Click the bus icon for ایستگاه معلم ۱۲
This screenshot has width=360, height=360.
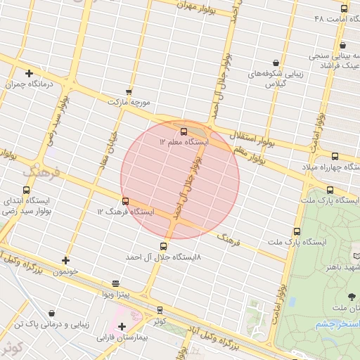184,131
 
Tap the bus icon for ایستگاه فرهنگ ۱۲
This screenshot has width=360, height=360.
126,201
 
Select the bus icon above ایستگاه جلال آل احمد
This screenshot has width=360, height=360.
164,246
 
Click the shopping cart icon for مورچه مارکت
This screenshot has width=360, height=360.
129,91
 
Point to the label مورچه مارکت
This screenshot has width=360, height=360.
129,103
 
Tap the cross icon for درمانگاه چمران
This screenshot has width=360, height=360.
29,73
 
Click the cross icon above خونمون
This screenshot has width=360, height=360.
65,260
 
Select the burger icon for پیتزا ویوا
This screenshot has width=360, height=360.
116,283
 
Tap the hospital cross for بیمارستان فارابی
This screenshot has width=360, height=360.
122,326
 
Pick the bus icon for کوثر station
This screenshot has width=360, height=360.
160,309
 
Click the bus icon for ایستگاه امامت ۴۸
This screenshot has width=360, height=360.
344,9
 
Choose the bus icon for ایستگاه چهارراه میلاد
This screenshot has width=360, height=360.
335,156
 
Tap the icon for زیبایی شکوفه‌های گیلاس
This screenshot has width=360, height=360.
275,63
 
